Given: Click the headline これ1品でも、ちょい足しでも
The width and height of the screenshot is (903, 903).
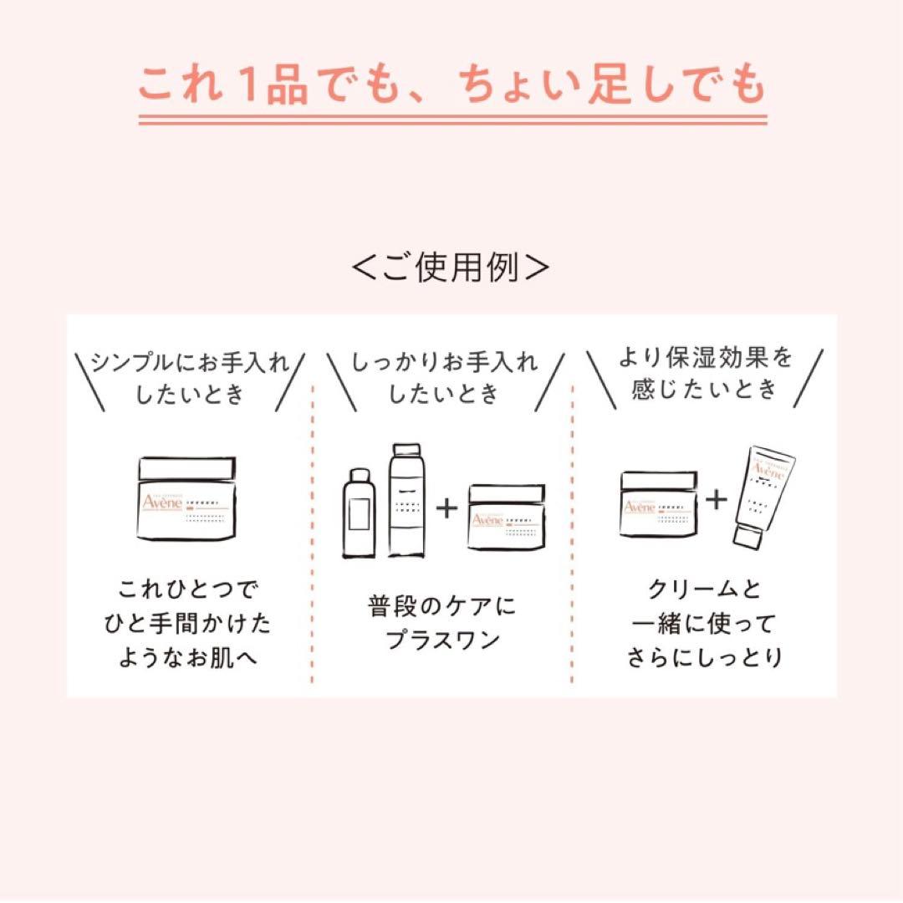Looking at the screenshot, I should (x=451, y=86).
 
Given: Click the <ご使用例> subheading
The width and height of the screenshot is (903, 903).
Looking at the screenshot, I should (x=451, y=268).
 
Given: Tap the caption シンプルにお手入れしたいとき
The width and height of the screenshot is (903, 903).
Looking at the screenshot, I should (x=190, y=377).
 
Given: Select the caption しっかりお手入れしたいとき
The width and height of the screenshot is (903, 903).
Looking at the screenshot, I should (x=445, y=377).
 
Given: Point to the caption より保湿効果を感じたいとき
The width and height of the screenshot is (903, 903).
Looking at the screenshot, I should (x=705, y=374).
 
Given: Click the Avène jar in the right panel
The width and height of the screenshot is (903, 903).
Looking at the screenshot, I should (x=658, y=503).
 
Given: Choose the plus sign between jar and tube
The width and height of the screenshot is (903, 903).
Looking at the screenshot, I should (x=717, y=500).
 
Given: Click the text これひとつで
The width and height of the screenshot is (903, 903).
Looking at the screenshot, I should (x=190, y=590).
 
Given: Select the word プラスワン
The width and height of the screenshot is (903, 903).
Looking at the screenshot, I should (x=443, y=640).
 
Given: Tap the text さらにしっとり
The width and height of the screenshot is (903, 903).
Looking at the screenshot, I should (x=705, y=657).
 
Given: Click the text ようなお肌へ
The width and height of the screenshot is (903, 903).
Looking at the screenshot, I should (x=190, y=657).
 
